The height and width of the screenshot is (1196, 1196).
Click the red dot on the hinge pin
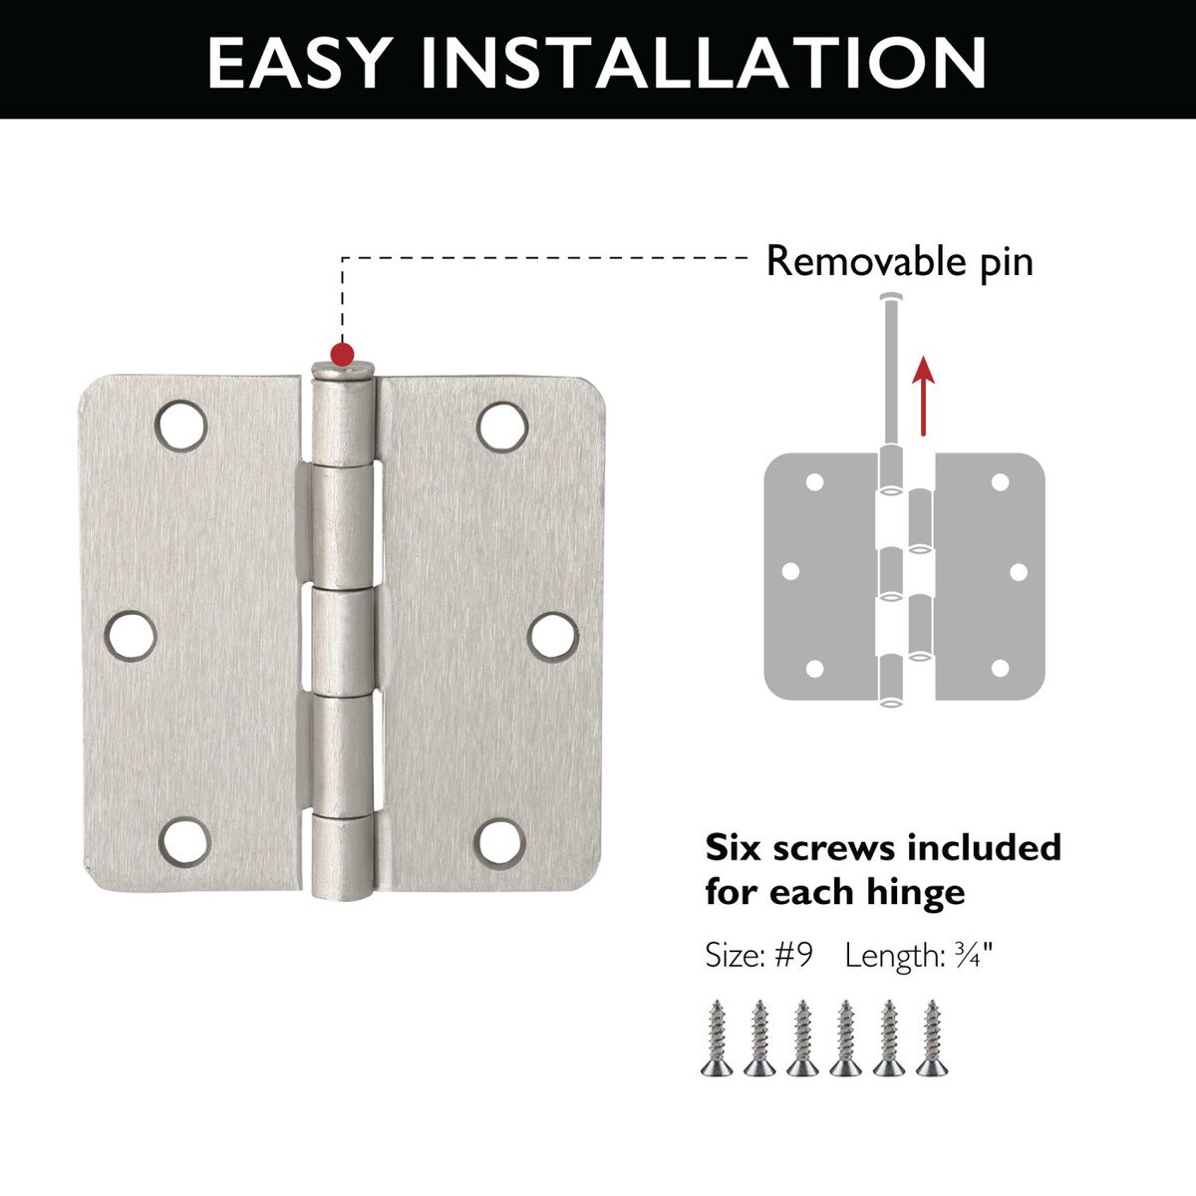tap(342, 355)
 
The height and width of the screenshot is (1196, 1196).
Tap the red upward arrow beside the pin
tap(924, 396)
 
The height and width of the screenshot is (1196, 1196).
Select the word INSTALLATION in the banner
tap(704, 62)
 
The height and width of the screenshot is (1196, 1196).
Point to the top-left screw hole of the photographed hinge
tap(180, 426)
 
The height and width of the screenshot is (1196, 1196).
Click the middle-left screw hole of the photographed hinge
tap(131, 636)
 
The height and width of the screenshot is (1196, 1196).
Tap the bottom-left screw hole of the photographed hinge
tap(185, 842)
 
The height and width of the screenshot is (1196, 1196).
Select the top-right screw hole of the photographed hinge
tap(502, 427)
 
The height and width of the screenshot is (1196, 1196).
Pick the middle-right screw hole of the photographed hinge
tap(553, 636)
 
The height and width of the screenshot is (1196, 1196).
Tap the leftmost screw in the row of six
tap(717, 1038)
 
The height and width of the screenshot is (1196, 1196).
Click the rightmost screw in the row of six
tap(932, 1038)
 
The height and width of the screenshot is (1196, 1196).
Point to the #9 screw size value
tap(793, 956)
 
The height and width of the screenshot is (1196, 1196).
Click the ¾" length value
tap(974, 955)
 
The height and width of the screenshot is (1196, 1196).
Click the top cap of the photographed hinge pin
tap(343, 371)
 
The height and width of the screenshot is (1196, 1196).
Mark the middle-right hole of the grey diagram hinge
tap(1019, 572)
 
